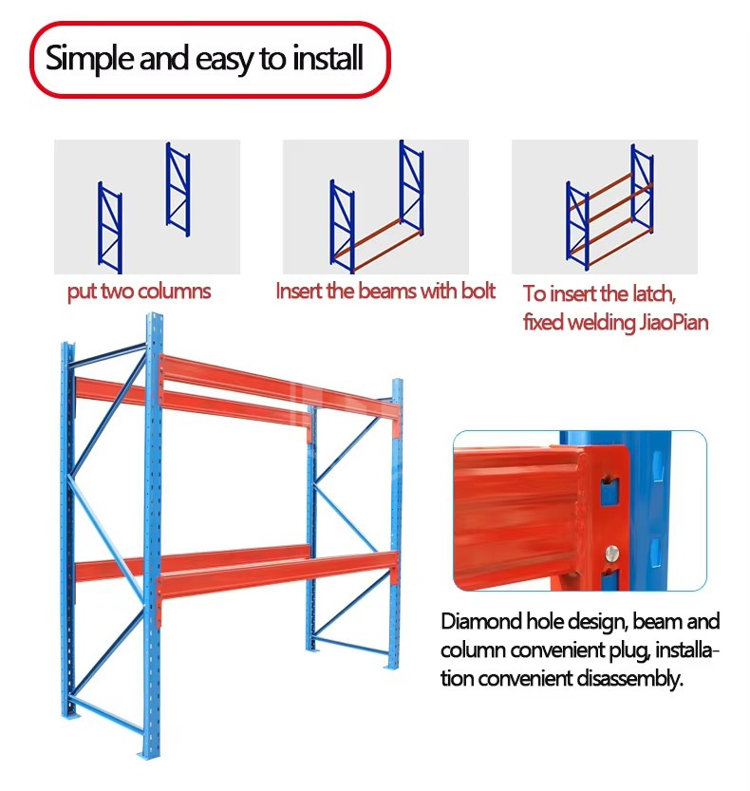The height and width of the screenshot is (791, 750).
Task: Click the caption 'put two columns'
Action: pos(139,292)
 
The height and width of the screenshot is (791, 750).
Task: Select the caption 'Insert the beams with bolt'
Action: pos(384,292)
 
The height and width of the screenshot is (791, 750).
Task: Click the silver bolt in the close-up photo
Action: pos(611,549)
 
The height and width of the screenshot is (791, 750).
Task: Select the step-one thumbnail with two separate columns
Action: pos(146,207)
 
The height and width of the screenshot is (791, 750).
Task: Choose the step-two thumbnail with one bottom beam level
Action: pos(375,207)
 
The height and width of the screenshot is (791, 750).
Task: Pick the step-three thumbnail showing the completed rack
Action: pos(604,207)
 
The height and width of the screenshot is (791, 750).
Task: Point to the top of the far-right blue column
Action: pos(397,386)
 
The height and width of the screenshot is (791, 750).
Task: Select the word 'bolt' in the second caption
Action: pos(478,292)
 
